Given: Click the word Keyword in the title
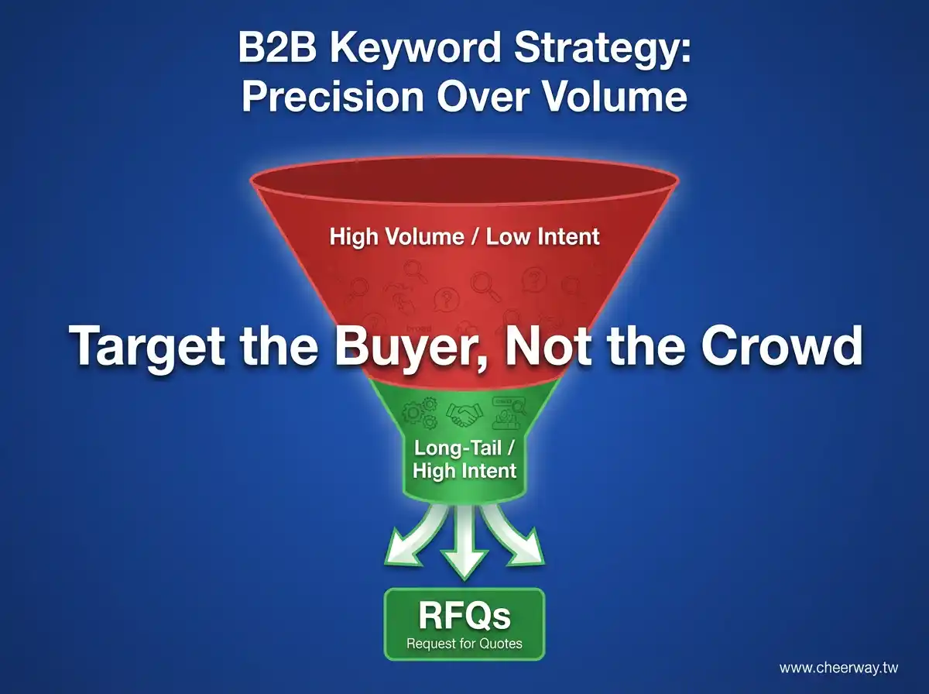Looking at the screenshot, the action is (x=416, y=47).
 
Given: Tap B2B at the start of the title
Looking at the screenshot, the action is (x=277, y=47).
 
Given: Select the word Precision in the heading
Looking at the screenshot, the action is (x=333, y=97).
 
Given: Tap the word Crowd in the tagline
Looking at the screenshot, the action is (x=782, y=345).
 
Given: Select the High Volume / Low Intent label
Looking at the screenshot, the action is (x=464, y=236).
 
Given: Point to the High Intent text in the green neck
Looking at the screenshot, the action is (x=464, y=471).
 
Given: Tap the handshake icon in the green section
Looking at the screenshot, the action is (x=464, y=414).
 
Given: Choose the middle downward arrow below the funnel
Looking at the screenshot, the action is (x=464, y=543).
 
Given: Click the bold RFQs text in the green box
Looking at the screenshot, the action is (x=464, y=616).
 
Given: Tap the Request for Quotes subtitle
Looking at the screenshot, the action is (x=464, y=644).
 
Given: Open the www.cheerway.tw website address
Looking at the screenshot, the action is (x=838, y=668).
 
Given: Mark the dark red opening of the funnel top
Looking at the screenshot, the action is (x=464, y=180).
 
